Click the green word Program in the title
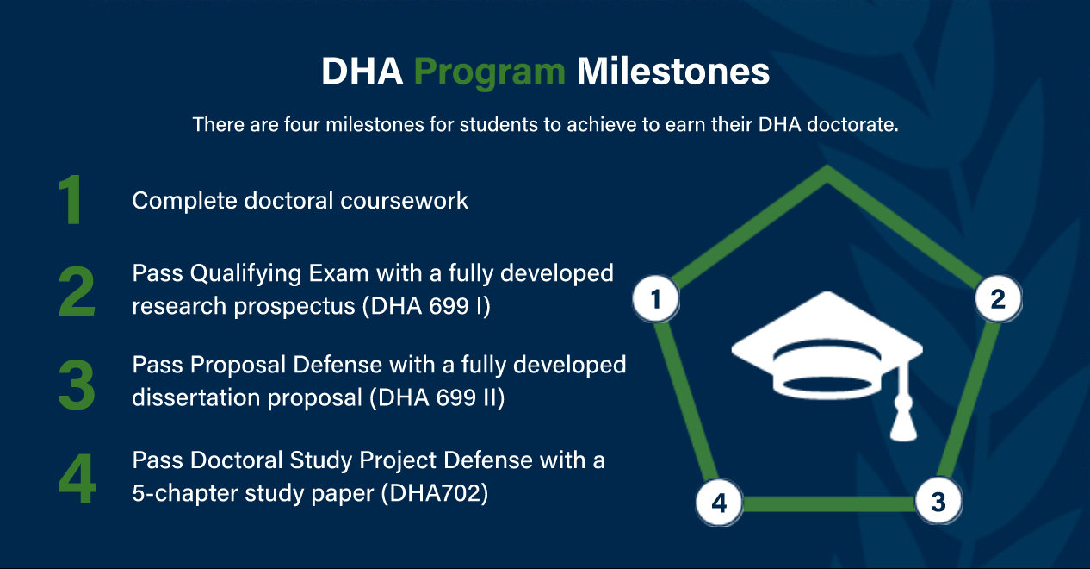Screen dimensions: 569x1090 tap(489, 72)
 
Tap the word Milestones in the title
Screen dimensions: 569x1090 tap(672, 72)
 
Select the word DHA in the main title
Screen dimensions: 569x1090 tap(362, 72)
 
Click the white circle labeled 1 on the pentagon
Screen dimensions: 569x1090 tap(656, 300)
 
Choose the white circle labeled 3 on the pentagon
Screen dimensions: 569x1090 tap(938, 502)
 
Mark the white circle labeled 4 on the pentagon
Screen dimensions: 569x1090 tap(719, 503)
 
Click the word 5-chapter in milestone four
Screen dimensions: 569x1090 tap(180, 494)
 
